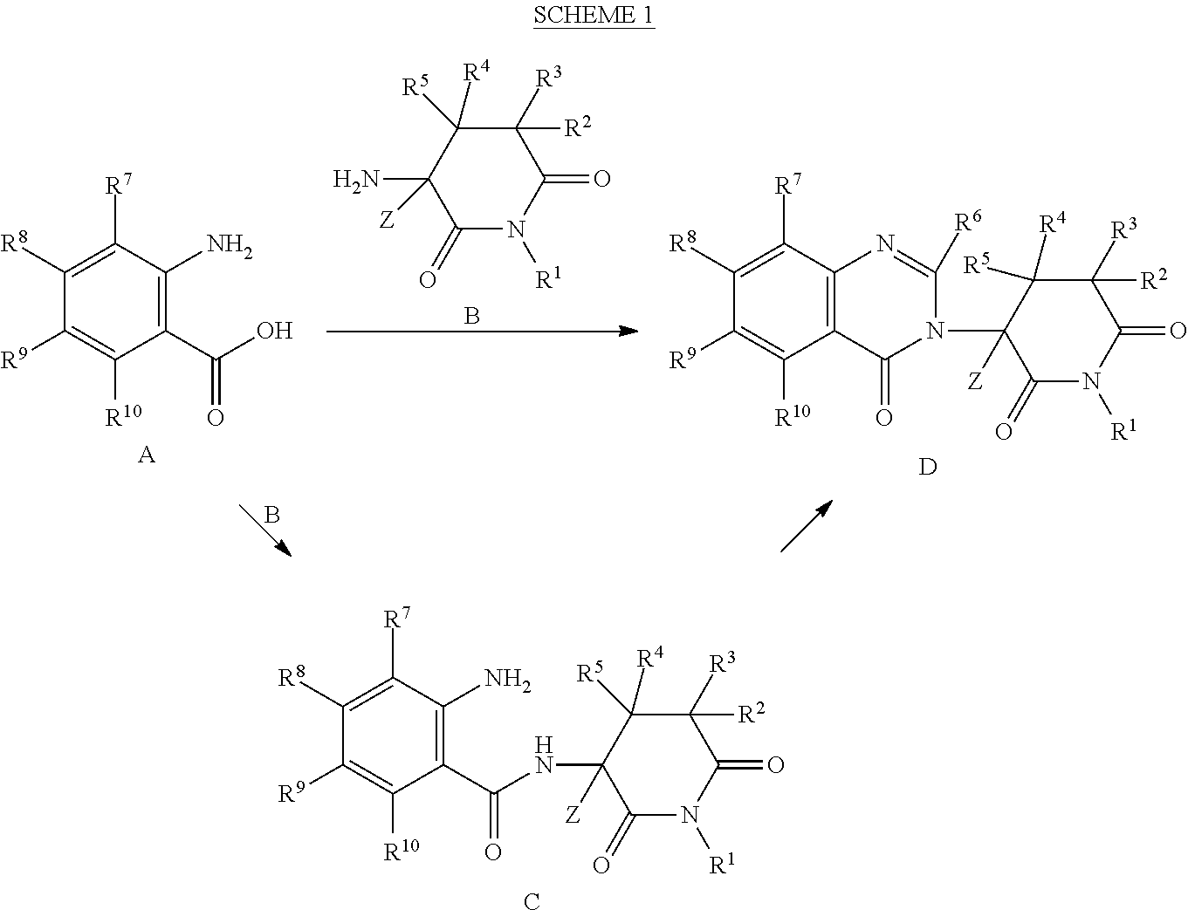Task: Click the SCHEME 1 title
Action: [594, 15]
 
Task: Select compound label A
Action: [147, 455]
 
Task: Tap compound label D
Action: [928, 467]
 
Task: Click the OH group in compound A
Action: [274, 331]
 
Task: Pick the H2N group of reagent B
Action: [356, 179]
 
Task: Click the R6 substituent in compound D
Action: [968, 221]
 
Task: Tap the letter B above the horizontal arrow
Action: [471, 316]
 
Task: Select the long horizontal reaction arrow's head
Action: [628, 331]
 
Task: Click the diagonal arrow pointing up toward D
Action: [807, 526]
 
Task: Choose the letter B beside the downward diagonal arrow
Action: [271, 515]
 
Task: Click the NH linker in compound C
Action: [544, 756]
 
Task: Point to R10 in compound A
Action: [124, 415]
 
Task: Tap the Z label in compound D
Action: [975, 382]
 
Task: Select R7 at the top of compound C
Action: [397, 619]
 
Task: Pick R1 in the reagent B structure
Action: [549, 278]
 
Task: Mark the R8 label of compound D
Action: [683, 242]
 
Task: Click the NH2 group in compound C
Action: [508, 680]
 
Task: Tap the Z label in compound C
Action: [573, 816]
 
